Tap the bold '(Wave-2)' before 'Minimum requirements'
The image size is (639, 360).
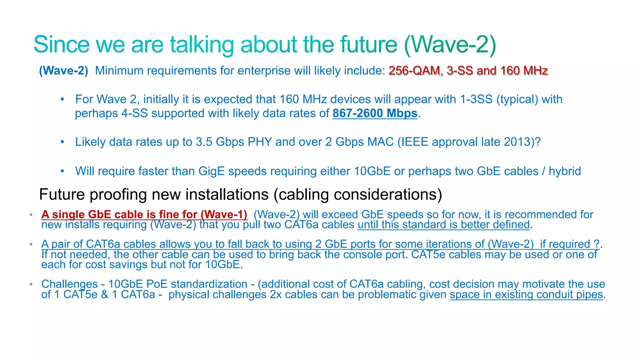click(64, 71)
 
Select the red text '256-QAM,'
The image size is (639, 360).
click(416, 71)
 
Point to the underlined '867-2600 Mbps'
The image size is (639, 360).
click(375, 113)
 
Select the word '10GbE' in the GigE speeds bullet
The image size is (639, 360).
click(372, 171)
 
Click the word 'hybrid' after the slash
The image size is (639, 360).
click(565, 171)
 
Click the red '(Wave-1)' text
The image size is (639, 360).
click(224, 215)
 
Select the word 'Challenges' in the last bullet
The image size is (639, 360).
click(70, 284)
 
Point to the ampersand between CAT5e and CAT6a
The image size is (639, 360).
click(105, 294)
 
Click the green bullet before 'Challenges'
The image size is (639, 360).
click(31, 284)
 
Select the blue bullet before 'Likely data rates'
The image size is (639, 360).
click(62, 142)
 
